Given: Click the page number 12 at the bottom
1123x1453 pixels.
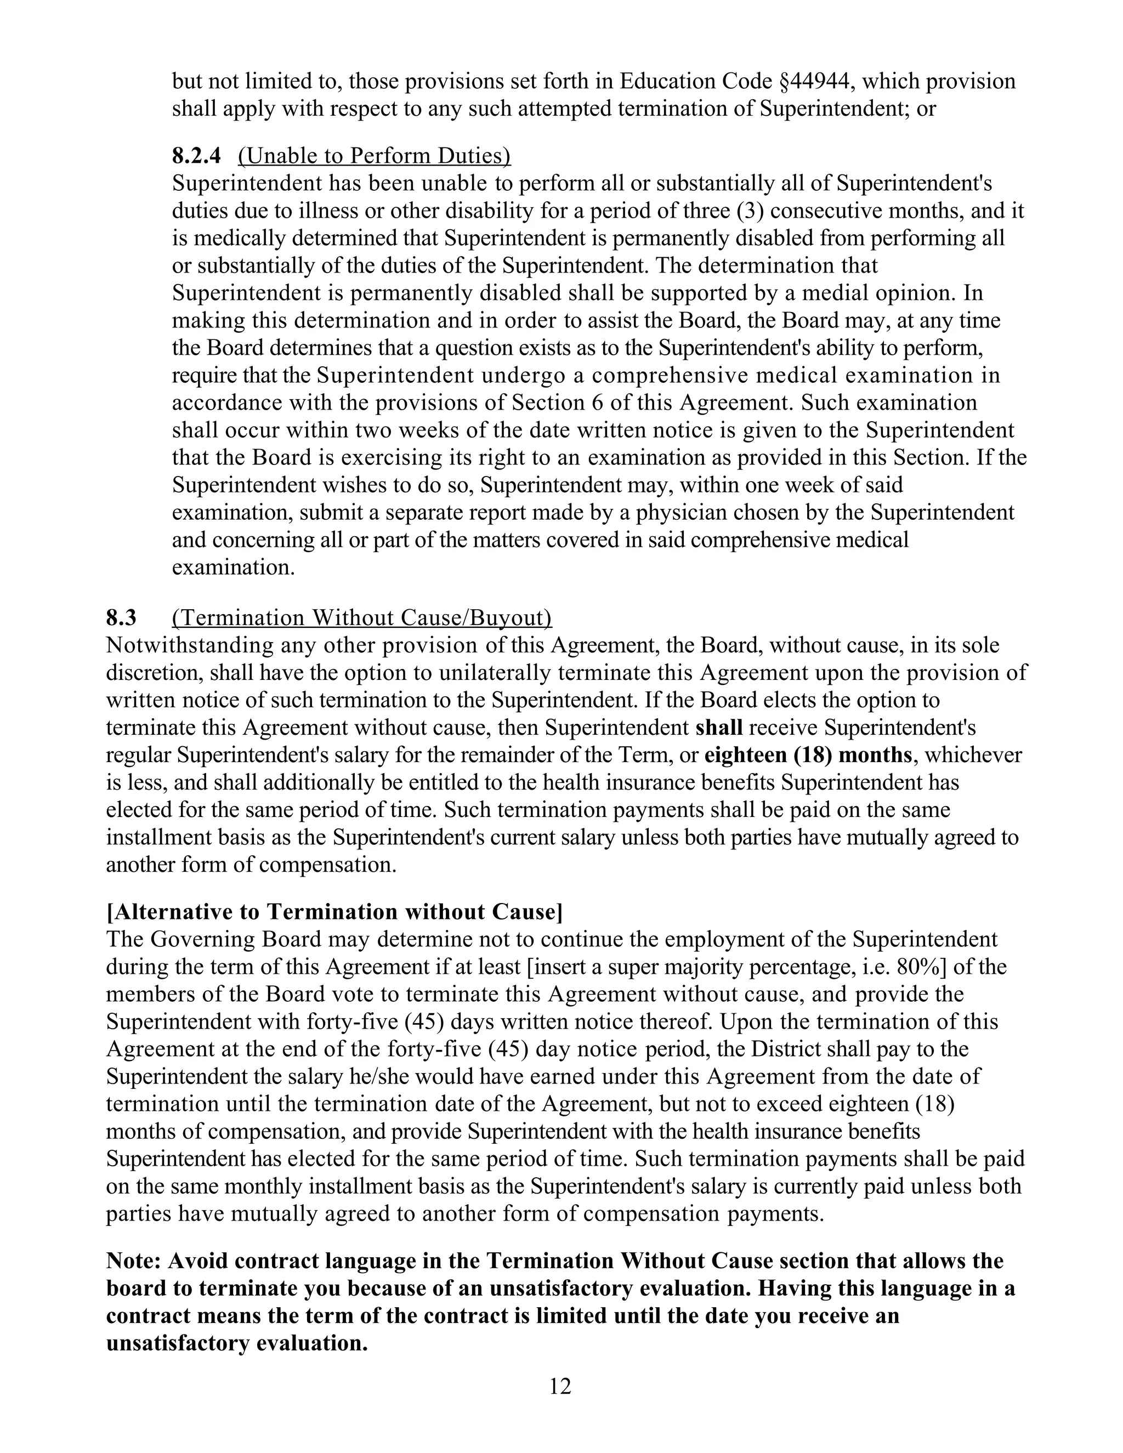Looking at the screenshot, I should point(560,1386).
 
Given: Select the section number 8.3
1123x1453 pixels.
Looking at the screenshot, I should point(121,617).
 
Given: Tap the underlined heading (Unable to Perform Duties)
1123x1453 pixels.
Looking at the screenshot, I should point(374,156).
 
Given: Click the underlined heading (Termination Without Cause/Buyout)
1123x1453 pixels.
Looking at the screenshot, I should point(361,617).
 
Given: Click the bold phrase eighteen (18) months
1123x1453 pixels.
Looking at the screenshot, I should point(808,755).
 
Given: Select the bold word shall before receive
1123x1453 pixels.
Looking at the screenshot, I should point(718,727).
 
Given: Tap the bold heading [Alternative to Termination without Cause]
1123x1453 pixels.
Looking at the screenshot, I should point(334,911).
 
